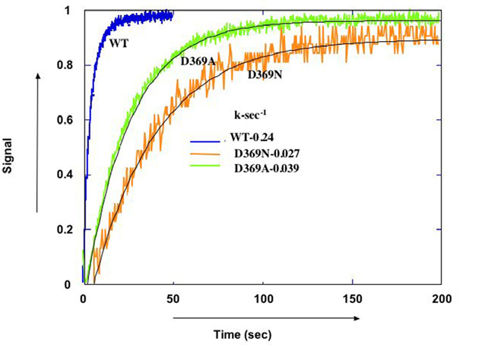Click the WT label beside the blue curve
pos(118,44)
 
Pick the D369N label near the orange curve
pos(265,74)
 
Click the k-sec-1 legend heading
pos(251,115)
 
